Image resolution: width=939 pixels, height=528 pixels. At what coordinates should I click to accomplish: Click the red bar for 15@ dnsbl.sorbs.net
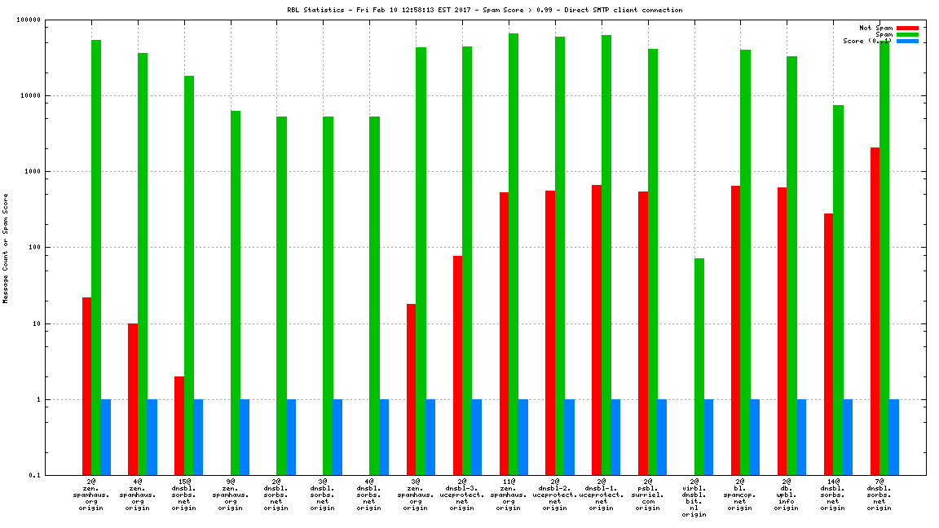179,425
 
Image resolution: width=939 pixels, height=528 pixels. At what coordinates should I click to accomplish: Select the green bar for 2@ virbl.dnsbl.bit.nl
699,367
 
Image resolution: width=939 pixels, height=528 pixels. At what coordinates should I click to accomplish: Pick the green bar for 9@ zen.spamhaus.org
236,293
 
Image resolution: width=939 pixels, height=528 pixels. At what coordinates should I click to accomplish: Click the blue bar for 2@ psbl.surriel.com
662,437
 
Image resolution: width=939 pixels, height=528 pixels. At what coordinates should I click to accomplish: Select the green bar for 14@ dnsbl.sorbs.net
838,290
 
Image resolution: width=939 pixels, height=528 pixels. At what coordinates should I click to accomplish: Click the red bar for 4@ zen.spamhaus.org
133,399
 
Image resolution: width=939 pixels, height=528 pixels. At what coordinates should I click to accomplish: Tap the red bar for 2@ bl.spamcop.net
736,330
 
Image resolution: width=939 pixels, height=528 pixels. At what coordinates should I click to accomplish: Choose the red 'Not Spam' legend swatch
907,28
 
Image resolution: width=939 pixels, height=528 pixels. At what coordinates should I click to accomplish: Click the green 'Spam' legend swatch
907,34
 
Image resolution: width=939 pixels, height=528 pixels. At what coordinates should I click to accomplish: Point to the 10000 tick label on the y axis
61,96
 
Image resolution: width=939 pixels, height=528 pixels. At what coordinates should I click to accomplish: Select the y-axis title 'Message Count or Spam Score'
5,249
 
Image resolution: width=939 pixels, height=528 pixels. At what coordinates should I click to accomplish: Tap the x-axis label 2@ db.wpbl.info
787,495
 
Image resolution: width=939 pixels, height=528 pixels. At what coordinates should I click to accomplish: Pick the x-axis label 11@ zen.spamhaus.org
509,495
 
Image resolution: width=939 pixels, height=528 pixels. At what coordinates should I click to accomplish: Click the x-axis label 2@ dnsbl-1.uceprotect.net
602,495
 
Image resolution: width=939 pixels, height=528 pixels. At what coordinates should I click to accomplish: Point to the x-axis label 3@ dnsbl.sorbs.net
323,495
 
